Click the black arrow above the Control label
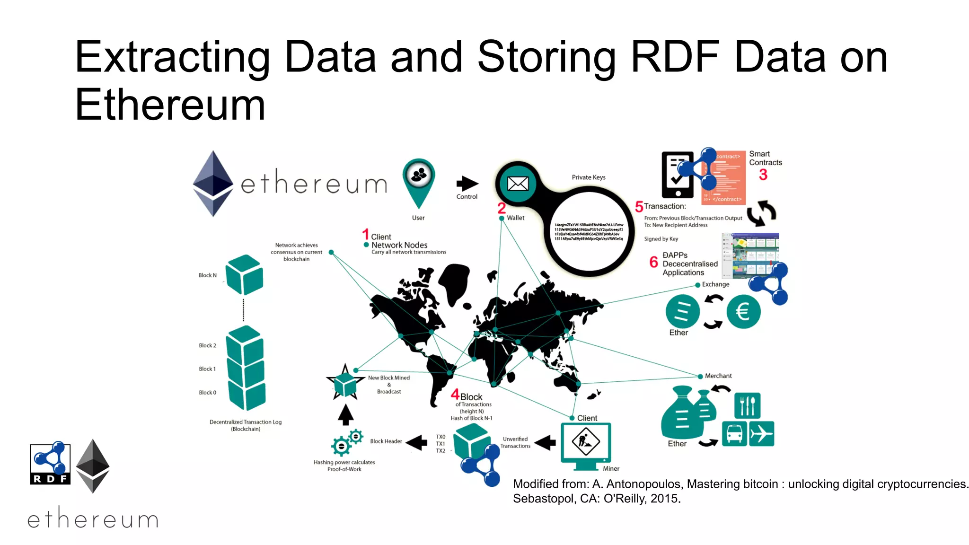pos(467,184)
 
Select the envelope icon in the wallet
pos(518,184)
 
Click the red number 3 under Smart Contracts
pos(763,175)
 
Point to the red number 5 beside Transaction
pos(639,207)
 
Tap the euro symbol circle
pos(743,312)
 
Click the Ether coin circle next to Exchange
pos(682,312)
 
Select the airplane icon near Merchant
pos(761,434)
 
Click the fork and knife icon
pos(747,406)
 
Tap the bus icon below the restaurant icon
pos(734,434)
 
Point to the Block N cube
pos(244,275)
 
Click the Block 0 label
pos(207,393)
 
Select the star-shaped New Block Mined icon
pos(345,383)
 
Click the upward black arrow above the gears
pos(346,415)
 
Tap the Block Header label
pos(386,441)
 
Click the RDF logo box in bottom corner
pos(50,464)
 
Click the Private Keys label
pos(588,177)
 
